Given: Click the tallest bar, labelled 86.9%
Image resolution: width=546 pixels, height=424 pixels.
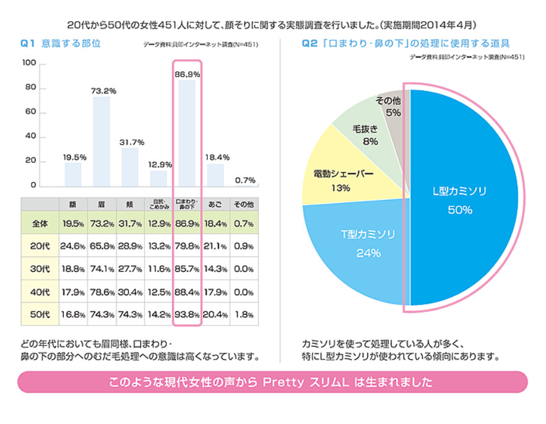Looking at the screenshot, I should (187, 133).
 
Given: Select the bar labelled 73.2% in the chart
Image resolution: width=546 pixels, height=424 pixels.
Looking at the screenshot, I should (102, 141).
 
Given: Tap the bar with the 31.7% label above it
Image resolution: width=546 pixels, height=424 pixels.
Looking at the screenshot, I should (130, 167).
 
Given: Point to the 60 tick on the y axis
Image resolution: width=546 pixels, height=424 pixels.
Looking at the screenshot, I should (30, 113).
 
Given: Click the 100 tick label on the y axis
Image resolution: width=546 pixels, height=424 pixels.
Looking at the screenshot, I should (28, 64).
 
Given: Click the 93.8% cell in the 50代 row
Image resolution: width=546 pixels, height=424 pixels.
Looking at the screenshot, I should (187, 314).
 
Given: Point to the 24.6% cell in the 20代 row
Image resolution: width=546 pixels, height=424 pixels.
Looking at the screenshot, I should (73, 245).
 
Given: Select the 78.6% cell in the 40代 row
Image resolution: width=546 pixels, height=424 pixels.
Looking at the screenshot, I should (102, 291).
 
